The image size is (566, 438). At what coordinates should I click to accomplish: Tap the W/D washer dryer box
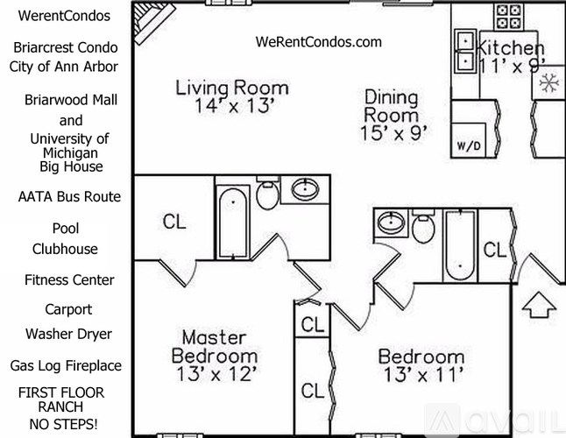464,145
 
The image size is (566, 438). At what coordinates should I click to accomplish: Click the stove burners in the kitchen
508,16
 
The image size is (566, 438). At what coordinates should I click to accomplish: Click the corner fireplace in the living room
151,15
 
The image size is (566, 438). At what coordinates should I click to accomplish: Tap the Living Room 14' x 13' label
232,97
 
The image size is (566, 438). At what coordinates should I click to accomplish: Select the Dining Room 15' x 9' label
391,115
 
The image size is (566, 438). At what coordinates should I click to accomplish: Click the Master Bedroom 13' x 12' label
215,356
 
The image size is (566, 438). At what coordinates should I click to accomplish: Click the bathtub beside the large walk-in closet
233,222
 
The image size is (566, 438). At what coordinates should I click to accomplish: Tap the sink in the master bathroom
307,189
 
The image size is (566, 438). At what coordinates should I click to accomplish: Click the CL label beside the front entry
494,250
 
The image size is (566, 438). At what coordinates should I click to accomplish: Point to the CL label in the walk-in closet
174,223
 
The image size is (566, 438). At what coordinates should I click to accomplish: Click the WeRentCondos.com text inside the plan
319,41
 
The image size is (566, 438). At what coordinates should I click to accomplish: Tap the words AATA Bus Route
69,196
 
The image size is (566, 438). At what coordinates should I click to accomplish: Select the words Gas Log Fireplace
66,365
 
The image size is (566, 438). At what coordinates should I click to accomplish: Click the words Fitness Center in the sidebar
69,280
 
